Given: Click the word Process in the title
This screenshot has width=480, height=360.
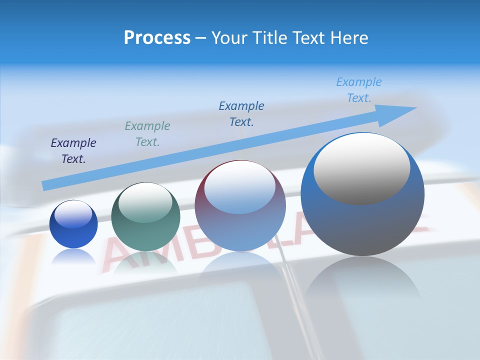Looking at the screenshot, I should pyautogui.click(x=157, y=37).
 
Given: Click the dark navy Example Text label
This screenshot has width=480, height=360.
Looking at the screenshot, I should pyautogui.click(x=73, y=151).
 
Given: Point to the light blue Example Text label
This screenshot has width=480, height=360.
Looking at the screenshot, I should pyautogui.click(x=359, y=90).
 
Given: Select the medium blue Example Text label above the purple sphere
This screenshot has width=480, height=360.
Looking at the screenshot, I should pyautogui.click(x=241, y=114).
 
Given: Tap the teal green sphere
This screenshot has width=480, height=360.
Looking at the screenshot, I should pyautogui.click(x=145, y=220).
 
